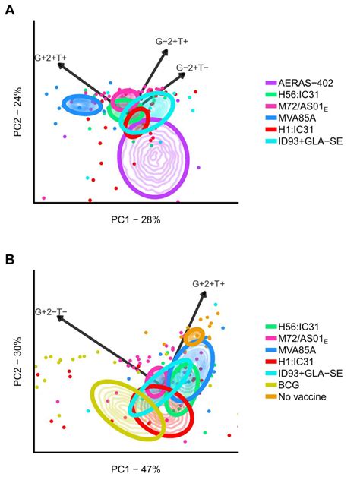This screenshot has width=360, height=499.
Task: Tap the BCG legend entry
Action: (x=291, y=384)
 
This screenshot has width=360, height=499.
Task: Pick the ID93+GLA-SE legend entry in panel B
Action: (x=307, y=372)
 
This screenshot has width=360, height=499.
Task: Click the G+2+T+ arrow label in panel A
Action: (x=50, y=57)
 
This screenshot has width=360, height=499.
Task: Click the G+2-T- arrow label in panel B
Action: (x=50, y=311)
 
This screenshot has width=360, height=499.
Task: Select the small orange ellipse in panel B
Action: (x=194, y=336)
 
